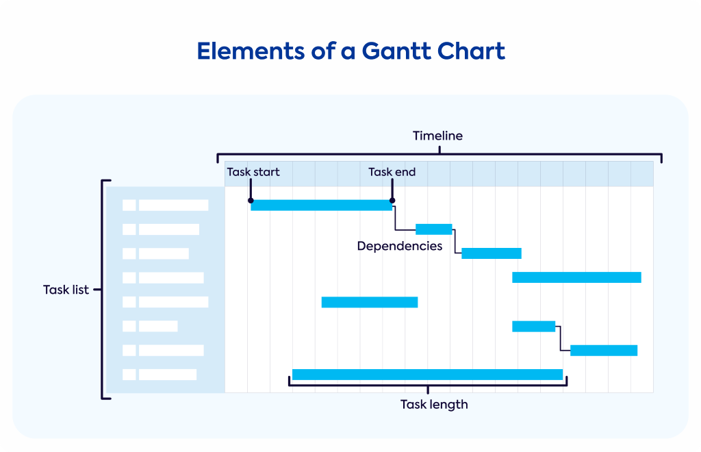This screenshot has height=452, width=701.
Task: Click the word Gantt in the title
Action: click(396, 51)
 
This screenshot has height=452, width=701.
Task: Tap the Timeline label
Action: click(437, 136)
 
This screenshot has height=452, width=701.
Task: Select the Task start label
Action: click(253, 172)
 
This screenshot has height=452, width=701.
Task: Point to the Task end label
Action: click(392, 172)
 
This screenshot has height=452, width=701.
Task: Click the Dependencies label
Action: click(400, 247)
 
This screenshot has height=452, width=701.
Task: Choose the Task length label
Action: click(434, 405)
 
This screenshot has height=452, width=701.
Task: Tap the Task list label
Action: click(66, 290)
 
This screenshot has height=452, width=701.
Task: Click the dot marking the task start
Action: click(251, 201)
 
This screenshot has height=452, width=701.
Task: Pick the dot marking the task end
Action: click(392, 201)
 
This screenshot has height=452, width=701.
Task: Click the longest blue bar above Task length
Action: click(427, 375)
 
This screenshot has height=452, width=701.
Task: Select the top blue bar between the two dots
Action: click(322, 205)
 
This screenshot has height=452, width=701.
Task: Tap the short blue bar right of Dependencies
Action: click(433, 229)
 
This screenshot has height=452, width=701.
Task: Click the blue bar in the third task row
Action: click(492, 253)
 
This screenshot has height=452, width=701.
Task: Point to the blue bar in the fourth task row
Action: click(576, 277)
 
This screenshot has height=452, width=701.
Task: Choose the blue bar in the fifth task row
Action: click(370, 302)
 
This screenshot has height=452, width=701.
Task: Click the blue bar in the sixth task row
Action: click(534, 327)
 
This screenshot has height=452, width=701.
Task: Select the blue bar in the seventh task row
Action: click(604, 351)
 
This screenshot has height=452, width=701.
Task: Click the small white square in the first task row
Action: click(129, 205)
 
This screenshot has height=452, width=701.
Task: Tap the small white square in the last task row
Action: click(129, 375)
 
